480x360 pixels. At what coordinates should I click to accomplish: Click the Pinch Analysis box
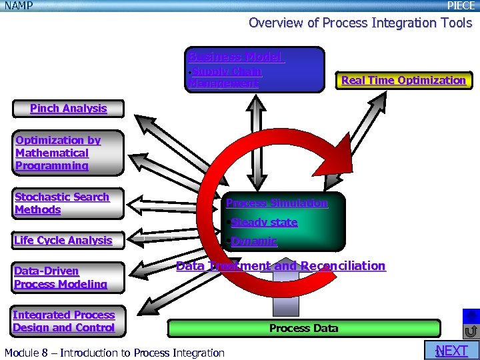click(68, 109)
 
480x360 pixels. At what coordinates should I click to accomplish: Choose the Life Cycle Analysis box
click(63, 241)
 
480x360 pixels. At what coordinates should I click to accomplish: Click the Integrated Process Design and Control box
click(63, 321)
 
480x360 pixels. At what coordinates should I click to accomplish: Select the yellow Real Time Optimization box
click(403, 81)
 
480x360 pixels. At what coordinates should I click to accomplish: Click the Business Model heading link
click(236, 57)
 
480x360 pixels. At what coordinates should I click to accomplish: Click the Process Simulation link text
click(277, 203)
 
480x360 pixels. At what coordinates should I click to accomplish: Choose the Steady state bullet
click(264, 222)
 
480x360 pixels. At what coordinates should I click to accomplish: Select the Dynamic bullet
click(253, 241)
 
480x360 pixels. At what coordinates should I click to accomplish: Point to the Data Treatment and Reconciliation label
click(280, 266)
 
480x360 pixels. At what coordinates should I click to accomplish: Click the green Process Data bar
click(303, 328)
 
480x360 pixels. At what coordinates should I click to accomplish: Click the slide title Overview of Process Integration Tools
click(360, 23)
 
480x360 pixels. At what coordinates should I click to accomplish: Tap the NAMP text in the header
click(19, 5)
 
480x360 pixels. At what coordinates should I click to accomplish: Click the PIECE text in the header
click(461, 5)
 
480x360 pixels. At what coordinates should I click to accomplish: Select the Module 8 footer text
click(114, 353)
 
